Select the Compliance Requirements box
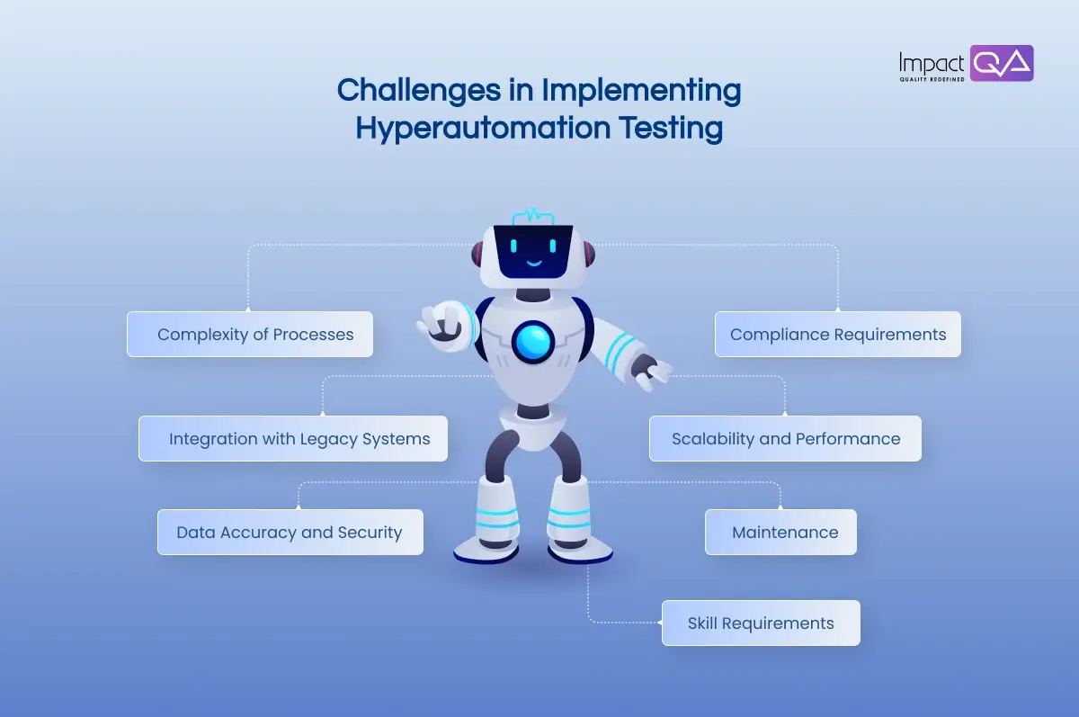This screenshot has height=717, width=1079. coord(837,335)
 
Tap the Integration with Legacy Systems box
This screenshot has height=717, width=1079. coord(293,439)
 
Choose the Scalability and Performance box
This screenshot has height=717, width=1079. coord(785,439)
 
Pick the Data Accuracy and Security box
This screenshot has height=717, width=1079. coord(290,532)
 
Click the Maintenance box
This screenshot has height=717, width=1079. coord(780,532)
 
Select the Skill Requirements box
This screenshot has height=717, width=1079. coord(761,623)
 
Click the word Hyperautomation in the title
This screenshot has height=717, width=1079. coord(481,128)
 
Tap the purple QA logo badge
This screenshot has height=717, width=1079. coord(1002,63)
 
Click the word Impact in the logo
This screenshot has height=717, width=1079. coord(931,63)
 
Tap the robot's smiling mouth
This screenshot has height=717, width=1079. coord(534,264)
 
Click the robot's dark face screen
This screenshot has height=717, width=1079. coord(534,252)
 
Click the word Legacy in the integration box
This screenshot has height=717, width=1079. coord(326,439)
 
